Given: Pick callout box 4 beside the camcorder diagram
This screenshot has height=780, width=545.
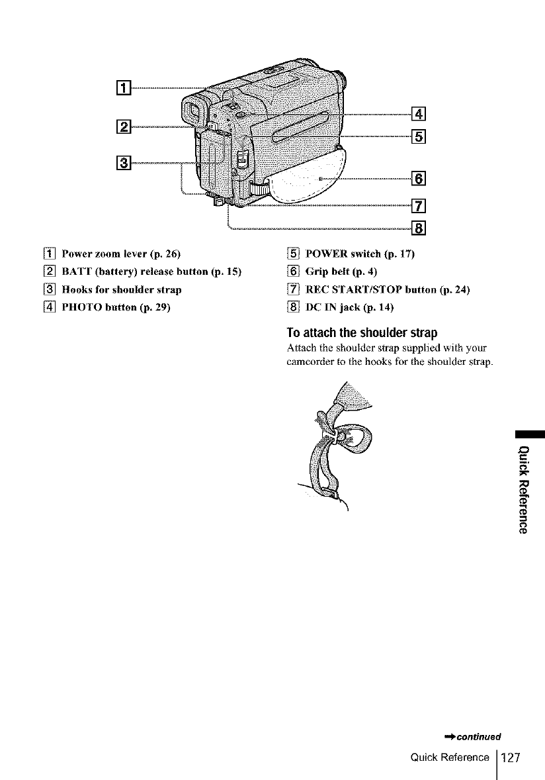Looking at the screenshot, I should tap(417, 111).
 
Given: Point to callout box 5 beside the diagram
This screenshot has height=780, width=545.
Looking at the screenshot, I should tap(417, 137).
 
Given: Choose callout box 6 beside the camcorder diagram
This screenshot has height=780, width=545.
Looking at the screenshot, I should tap(417, 177).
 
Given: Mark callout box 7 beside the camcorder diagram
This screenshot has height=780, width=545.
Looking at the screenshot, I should tap(417, 205).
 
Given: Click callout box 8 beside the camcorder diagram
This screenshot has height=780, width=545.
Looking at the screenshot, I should tap(417, 228).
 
